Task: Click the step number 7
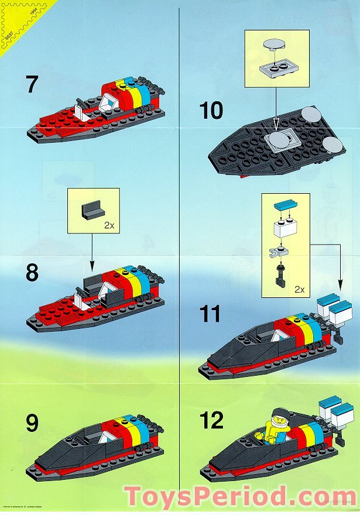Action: click(x=32, y=84)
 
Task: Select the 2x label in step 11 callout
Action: click(x=300, y=289)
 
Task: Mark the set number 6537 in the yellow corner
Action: click(x=8, y=34)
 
